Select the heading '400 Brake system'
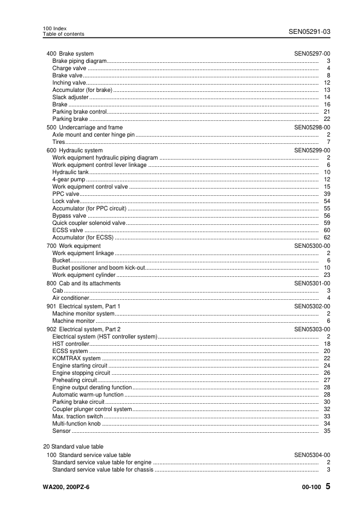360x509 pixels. [70, 54]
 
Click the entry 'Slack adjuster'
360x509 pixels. [70, 97]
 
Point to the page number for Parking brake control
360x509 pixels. [326, 112]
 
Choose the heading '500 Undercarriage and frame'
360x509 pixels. [85, 128]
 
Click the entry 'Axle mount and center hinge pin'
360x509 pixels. [94, 135]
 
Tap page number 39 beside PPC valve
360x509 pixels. [326, 194]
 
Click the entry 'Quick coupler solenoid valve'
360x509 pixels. [89, 223]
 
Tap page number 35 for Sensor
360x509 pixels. [326, 432]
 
